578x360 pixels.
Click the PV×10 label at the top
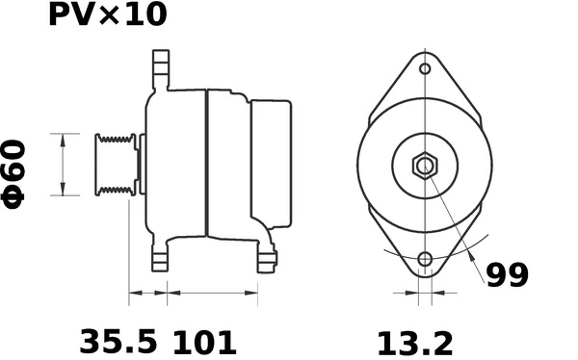[x=107, y=15]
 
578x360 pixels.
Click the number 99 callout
[x=507, y=276]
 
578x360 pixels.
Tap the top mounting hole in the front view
[x=425, y=69]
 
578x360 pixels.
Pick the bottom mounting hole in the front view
[x=425, y=259]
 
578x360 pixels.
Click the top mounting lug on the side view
[x=160, y=72]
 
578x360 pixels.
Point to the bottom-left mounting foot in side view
[x=160, y=256]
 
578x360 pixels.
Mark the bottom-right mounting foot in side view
[x=266, y=256]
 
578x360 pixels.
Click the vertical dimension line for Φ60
[x=64, y=165]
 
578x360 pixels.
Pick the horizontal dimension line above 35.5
[x=147, y=292]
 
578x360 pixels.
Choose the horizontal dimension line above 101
[x=212, y=292]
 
